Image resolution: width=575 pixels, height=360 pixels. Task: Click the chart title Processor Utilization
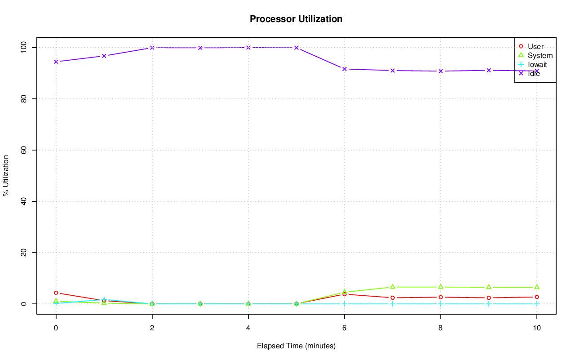click(x=296, y=19)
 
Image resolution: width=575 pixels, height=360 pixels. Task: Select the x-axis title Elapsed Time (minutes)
click(x=296, y=346)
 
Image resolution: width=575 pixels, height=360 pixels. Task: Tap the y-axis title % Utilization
click(x=6, y=175)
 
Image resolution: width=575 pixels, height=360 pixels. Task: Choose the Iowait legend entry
click(x=537, y=65)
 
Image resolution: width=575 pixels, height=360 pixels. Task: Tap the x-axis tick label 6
click(x=345, y=328)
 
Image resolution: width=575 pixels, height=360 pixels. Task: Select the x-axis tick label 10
click(x=536, y=328)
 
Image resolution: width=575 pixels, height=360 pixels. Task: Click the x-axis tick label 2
click(x=152, y=328)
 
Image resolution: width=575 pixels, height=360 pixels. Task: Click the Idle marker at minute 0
click(x=56, y=62)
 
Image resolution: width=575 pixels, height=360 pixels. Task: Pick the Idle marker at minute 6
click(x=345, y=69)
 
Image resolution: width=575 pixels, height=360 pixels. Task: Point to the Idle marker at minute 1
click(x=104, y=56)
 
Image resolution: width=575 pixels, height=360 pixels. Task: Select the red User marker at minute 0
click(x=56, y=293)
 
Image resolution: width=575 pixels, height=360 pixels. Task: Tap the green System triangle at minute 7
click(x=393, y=287)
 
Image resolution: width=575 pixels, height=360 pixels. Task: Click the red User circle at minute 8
click(x=441, y=297)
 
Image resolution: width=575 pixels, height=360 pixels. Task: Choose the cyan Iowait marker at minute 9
click(x=489, y=304)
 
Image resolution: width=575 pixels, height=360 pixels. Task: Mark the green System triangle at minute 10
click(x=537, y=287)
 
